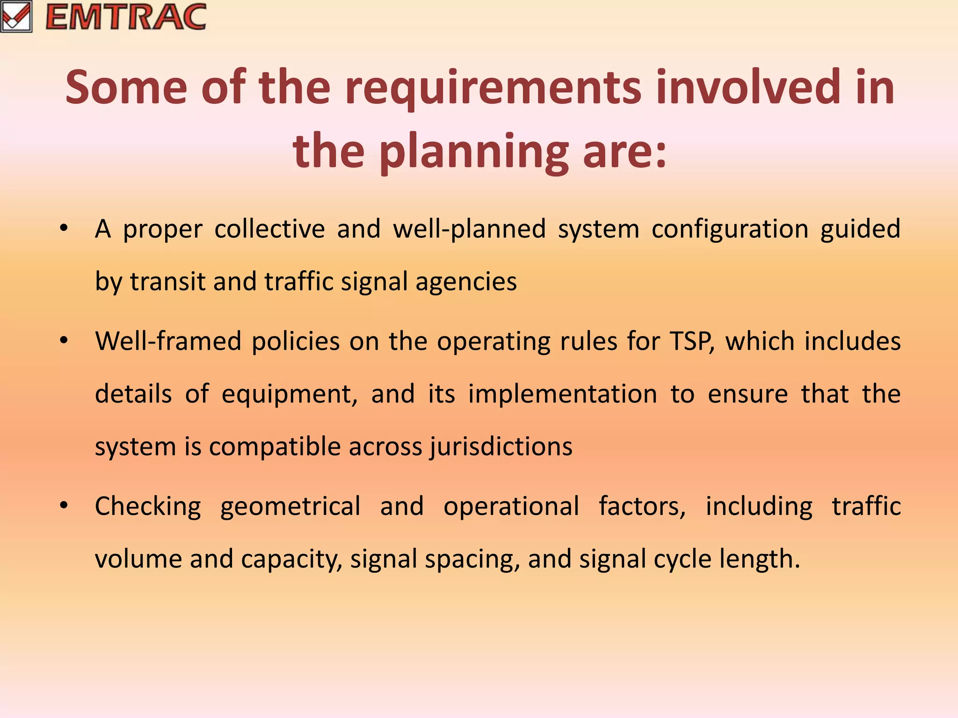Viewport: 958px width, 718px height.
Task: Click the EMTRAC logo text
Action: (x=126, y=17)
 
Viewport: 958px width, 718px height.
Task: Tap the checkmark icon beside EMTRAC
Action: (x=16, y=17)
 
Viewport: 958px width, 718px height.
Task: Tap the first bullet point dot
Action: (x=64, y=229)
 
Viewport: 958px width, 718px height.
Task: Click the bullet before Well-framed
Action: (x=64, y=341)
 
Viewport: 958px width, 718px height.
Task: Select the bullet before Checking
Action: (x=64, y=506)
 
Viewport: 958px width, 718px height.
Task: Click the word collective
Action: (x=269, y=229)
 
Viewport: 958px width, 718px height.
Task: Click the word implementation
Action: (x=563, y=395)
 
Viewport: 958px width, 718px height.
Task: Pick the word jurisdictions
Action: (x=501, y=447)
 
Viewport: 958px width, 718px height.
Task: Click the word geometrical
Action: (x=290, y=507)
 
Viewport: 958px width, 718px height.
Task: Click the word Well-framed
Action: (x=168, y=341)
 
